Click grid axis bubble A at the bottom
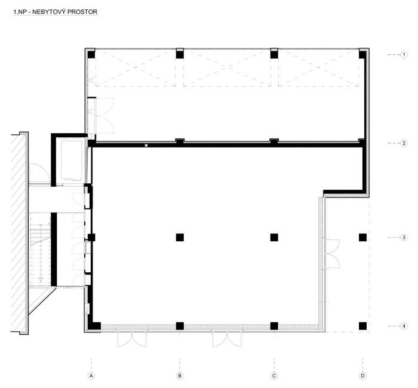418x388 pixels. pos(91,375)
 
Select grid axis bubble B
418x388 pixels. pos(179,375)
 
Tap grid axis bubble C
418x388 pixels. pos(274,375)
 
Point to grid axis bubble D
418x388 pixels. pos(362,375)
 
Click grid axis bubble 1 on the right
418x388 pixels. pos(404,55)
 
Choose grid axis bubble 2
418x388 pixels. pos(404,143)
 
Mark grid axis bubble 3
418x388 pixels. pos(404,238)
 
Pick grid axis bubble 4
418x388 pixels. pos(404,326)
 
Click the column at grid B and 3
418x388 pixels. pos(179,238)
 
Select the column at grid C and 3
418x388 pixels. pos(274,238)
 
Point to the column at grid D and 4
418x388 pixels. pos(362,326)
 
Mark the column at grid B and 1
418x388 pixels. pos(179,55)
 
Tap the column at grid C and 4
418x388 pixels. pos(274,326)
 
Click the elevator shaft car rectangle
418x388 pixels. pos(73,160)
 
